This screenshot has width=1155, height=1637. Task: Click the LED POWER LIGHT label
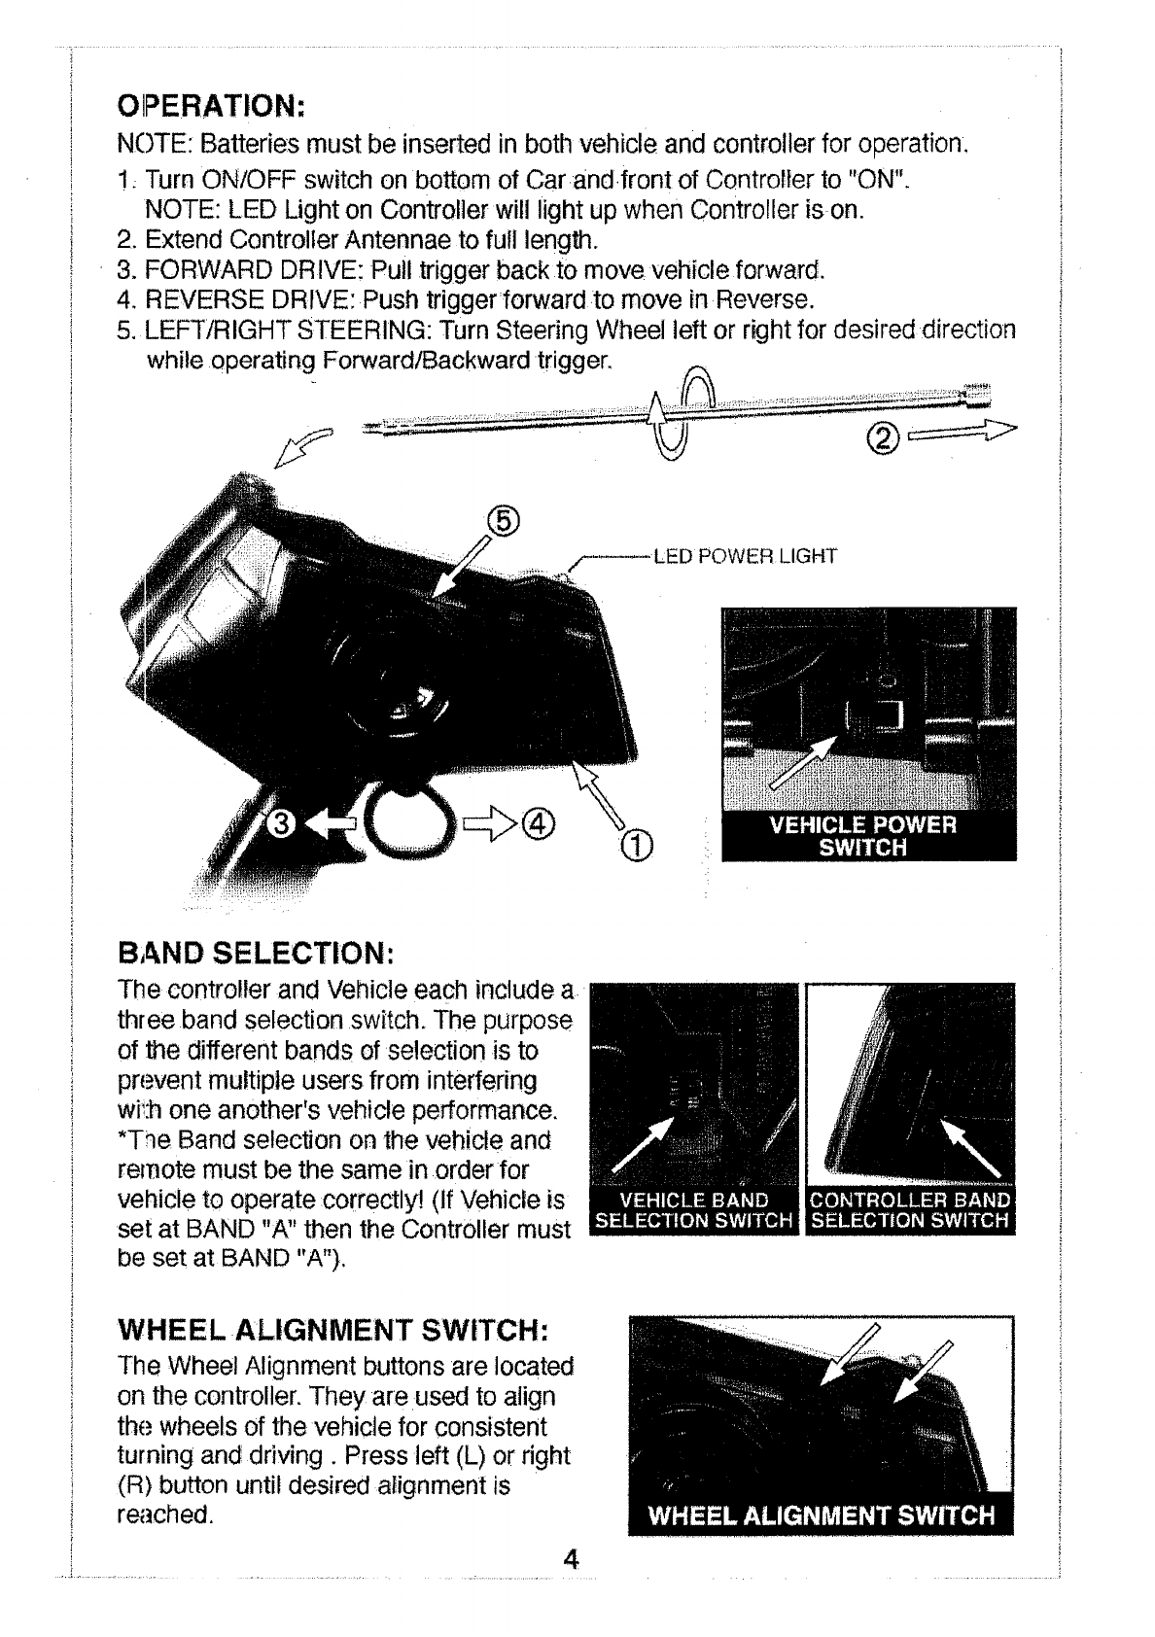[x=745, y=557]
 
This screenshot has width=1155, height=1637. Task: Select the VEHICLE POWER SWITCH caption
[x=863, y=836]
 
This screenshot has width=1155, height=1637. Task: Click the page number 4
[x=571, y=1587]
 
